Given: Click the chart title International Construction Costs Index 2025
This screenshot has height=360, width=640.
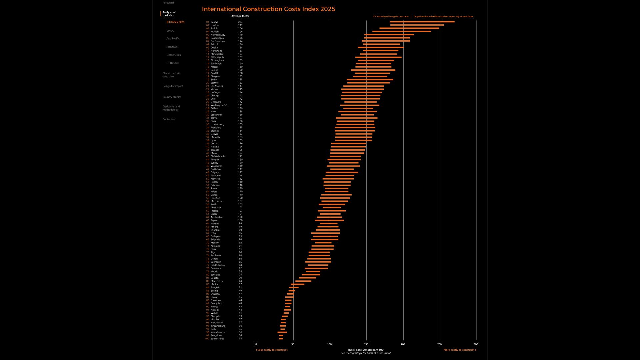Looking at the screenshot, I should [x=268, y=9].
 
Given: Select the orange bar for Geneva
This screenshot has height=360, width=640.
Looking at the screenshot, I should [x=422, y=22].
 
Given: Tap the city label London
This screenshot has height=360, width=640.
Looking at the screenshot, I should [x=215, y=25].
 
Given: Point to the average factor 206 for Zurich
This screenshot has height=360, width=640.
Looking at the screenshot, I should [x=240, y=29].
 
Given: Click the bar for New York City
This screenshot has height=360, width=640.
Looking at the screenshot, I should [x=389, y=35].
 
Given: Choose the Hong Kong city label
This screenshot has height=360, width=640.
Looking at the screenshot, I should [x=216, y=51].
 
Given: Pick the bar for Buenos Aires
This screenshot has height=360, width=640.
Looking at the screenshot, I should [x=281, y=339].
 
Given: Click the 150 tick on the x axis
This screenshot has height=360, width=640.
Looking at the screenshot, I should [x=366, y=344].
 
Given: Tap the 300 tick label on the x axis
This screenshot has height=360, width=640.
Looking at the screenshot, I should [x=476, y=344].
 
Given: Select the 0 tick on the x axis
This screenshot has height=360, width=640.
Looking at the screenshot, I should [x=256, y=344].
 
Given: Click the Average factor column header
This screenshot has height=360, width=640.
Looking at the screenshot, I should [x=240, y=16].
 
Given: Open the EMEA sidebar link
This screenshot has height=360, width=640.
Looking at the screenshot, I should [x=170, y=31].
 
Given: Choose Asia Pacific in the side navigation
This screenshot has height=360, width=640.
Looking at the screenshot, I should [x=173, y=39].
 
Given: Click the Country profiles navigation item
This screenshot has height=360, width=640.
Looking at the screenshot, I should [x=172, y=97].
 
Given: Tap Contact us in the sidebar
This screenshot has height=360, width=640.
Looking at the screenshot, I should [x=169, y=119].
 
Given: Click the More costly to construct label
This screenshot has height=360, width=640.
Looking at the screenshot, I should [x=460, y=350].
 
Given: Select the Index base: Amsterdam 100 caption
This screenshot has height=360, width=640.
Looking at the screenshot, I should [x=366, y=350].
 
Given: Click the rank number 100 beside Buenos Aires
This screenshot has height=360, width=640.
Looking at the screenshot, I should [x=207, y=339].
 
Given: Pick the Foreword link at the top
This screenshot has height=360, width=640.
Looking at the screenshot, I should [x=168, y=3].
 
